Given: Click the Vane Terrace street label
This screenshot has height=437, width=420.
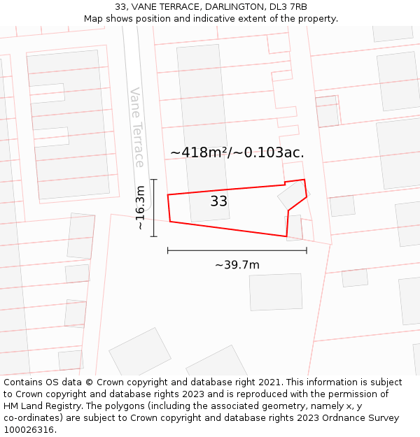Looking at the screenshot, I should (137, 127).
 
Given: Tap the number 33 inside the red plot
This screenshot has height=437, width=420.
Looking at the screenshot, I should (219, 201).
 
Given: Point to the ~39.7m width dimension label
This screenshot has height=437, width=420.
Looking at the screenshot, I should (237, 265).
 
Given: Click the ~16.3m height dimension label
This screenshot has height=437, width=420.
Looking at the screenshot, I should (141, 208).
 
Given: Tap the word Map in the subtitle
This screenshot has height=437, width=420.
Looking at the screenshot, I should (93, 19).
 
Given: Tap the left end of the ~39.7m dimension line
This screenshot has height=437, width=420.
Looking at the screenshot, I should (168, 250).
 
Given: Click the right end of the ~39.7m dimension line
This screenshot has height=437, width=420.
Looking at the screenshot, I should (307, 250).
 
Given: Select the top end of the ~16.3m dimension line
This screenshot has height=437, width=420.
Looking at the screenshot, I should (154, 180).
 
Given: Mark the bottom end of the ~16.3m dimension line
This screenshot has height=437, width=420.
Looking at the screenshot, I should (154, 236).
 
